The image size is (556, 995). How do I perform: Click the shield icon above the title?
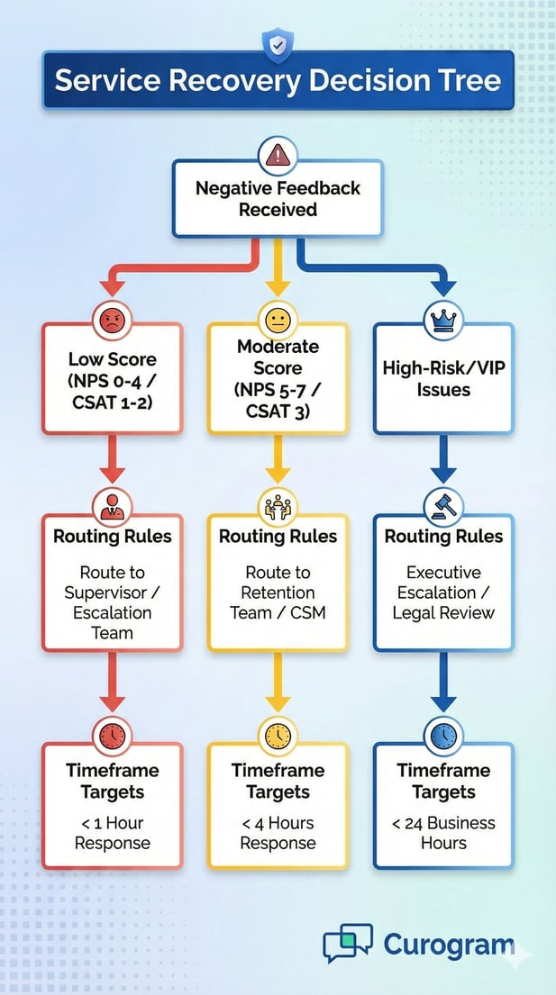(278, 44)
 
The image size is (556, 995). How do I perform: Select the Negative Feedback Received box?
(278, 199)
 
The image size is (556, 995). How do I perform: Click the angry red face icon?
(112, 321)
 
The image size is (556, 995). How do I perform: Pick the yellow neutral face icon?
(278, 321)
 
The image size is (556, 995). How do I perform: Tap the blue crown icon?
(443, 321)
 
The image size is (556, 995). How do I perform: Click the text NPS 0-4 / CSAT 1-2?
(112, 391)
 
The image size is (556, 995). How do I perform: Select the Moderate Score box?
(278, 378)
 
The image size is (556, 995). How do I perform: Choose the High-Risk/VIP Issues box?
(443, 378)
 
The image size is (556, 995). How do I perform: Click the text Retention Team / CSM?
(278, 602)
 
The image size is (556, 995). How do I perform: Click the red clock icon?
(112, 737)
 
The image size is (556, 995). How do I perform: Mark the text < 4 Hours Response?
(278, 833)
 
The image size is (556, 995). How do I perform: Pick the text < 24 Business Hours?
(443, 833)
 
